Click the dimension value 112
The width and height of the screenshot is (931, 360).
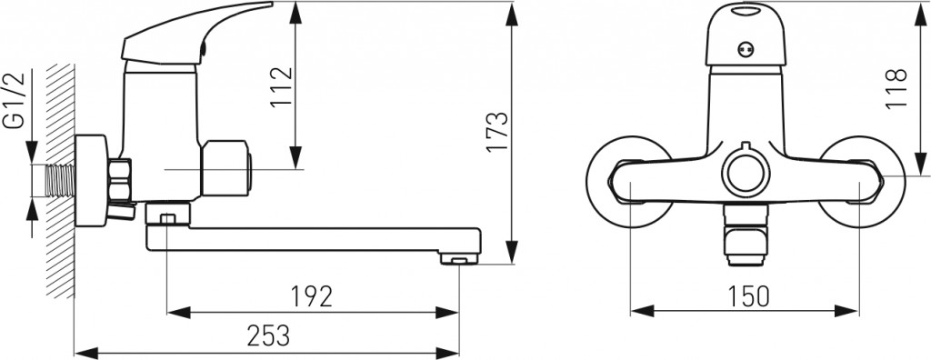tap(282, 86)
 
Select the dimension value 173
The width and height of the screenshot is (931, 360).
tap(497, 131)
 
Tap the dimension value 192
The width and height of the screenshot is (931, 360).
tap(312, 296)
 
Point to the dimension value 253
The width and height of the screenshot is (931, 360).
tap(268, 335)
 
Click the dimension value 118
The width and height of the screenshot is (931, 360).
tap(896, 89)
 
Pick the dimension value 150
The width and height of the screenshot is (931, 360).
tap(749, 295)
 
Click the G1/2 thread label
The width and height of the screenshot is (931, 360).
tap(14, 100)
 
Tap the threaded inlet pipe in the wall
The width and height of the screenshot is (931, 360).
tap(60, 181)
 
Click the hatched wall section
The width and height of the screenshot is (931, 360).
tap(61, 181)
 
